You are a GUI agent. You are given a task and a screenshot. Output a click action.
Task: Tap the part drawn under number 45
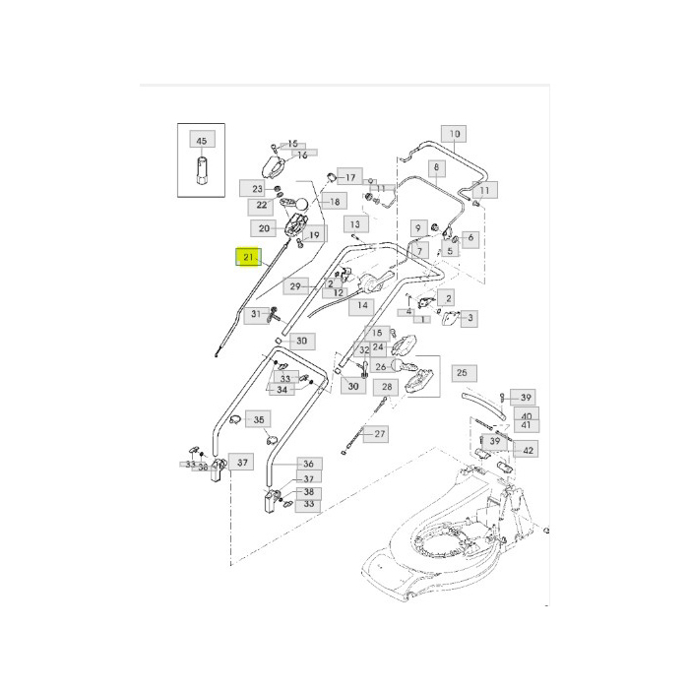pyautogui.click(x=201, y=175)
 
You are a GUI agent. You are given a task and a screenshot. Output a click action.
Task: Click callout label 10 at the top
pyautogui.click(x=454, y=134)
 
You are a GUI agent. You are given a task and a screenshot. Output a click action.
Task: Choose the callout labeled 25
pyautogui.click(x=462, y=373)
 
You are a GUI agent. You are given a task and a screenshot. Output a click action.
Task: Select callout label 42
pyautogui.click(x=529, y=450)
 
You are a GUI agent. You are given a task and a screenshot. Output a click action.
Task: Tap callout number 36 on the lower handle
pyautogui.click(x=307, y=464)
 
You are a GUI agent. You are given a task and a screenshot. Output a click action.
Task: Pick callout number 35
pyautogui.click(x=257, y=419)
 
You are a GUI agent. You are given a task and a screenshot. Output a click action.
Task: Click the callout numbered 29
pyautogui.click(x=294, y=286)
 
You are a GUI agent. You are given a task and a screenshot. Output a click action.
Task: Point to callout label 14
pyautogui.click(x=362, y=306)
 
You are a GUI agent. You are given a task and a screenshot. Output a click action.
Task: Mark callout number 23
pyautogui.click(x=258, y=188)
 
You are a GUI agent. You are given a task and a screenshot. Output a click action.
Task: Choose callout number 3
pyautogui.click(x=470, y=318)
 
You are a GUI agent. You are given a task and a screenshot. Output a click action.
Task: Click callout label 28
pyautogui.click(x=387, y=387)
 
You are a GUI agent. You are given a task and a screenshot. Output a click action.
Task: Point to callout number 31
pyautogui.click(x=255, y=314)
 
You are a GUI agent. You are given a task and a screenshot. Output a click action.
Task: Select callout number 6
pyautogui.click(x=469, y=237)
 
